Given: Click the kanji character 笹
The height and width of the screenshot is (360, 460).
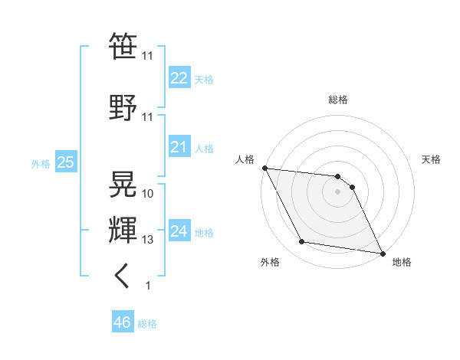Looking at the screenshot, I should pos(123,47).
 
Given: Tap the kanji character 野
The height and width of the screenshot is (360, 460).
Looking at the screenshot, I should pos(123,107).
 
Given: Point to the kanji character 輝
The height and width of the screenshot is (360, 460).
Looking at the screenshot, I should pos(123,230).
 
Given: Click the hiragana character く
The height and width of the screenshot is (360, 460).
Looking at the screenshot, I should pos(123,276).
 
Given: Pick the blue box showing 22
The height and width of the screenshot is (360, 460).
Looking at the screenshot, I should pos(179,77).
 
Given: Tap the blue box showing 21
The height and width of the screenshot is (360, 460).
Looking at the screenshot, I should pos(179,147).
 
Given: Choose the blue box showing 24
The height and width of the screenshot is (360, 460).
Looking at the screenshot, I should pos(179,231).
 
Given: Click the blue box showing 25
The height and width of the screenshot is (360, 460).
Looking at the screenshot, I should pos(65,162).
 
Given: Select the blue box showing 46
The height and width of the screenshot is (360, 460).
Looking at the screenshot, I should pos(122,322).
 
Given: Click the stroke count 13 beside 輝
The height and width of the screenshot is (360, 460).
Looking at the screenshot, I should pos(148,240).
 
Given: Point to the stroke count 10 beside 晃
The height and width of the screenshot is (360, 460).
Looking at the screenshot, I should pos(148,193).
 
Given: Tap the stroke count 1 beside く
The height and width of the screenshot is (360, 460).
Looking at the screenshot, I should pos(148,286).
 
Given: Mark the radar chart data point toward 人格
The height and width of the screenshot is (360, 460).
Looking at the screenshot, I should pos(264,168).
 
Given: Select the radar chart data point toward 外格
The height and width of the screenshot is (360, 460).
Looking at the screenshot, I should pos(302,242).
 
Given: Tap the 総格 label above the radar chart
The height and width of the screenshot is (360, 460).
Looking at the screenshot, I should pos(338,100).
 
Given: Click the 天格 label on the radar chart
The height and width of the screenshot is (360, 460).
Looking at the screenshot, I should pos(432,159).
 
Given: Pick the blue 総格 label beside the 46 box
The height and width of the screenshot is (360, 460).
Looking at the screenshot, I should pos(147,323).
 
